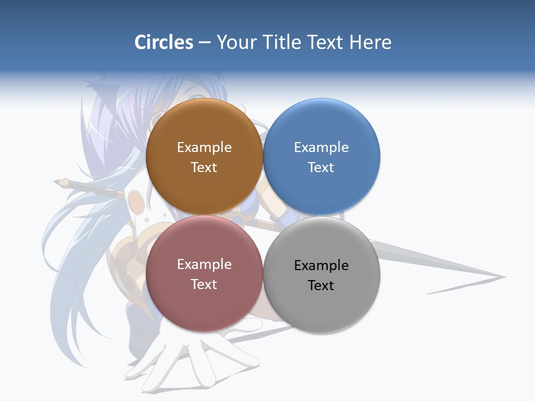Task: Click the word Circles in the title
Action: [x=163, y=42]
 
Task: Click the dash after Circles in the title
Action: [x=205, y=43]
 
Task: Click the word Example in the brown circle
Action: [x=204, y=147]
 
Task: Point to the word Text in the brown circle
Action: [x=204, y=167]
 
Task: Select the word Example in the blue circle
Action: [x=321, y=147]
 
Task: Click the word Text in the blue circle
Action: [x=321, y=167]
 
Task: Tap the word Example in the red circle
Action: [x=204, y=264]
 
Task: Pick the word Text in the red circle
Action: [x=204, y=284]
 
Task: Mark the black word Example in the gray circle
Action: [x=321, y=265]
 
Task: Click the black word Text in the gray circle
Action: [x=321, y=285]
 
